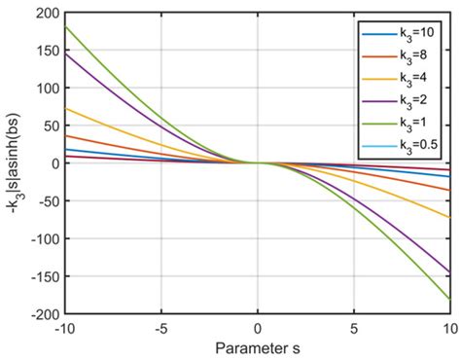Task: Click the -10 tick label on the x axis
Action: point(64,329)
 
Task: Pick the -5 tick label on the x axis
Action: point(160,329)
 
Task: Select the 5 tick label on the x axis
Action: point(354,329)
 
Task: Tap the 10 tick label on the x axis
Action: point(448,329)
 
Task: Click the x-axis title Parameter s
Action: point(257,347)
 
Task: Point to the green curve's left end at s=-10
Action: point(65,26)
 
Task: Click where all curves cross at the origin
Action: point(258,162)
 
